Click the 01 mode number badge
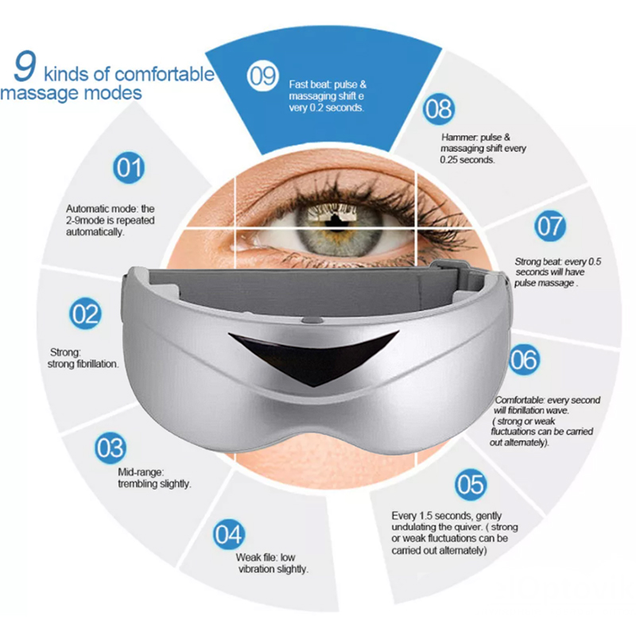(x=129, y=168)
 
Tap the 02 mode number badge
(x=85, y=313)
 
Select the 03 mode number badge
(x=111, y=448)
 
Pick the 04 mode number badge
(x=229, y=534)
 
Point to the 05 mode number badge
(x=471, y=484)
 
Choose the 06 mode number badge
(x=525, y=359)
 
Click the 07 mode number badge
(x=550, y=226)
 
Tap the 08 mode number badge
(x=439, y=109)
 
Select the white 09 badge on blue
(x=263, y=76)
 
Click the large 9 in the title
(x=25, y=66)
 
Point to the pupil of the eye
(x=336, y=220)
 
